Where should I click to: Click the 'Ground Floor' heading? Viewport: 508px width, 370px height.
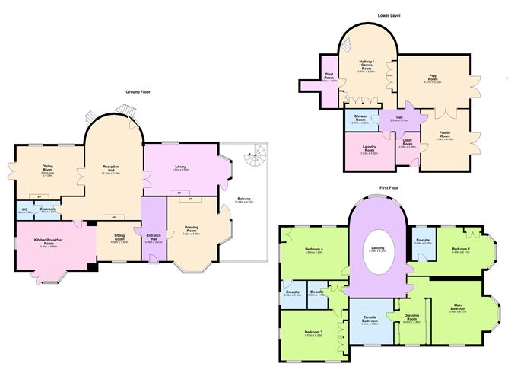[x=138, y=91]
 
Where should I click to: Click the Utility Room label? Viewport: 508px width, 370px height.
[x=407, y=143]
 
